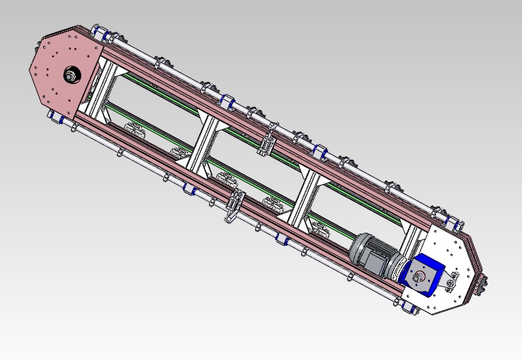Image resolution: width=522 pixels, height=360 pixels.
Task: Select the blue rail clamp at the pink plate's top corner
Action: point(98,32)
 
